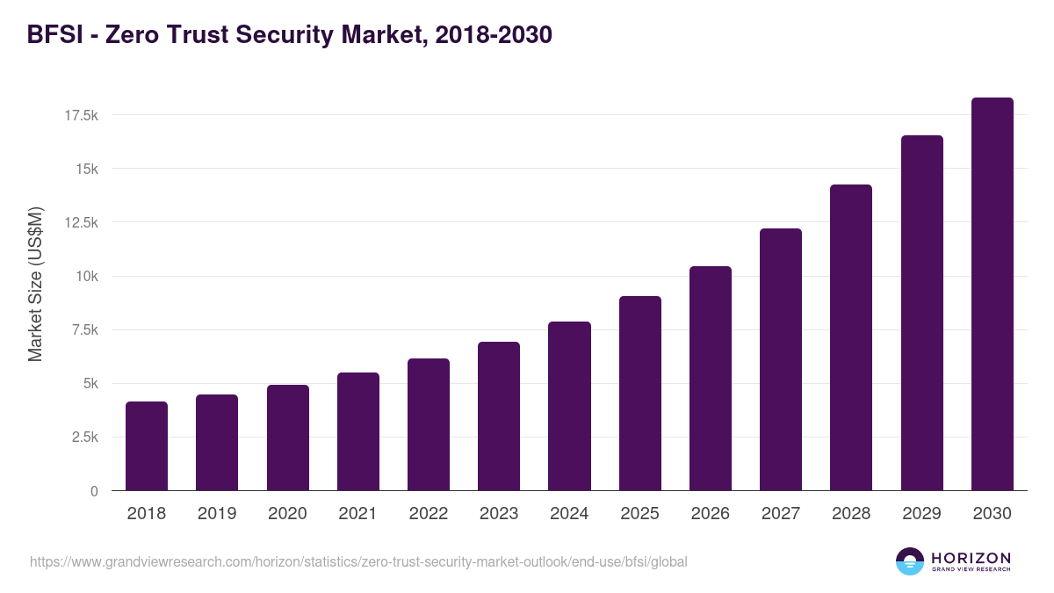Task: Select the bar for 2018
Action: click(x=147, y=446)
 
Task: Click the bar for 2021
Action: click(x=358, y=431)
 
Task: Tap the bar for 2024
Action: click(x=569, y=406)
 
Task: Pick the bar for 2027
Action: click(x=781, y=359)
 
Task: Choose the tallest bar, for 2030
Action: click(x=992, y=294)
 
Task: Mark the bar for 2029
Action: click(x=921, y=313)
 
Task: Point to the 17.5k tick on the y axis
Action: click(x=79, y=115)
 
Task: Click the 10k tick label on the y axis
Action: click(x=86, y=276)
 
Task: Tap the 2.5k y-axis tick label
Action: click(x=83, y=437)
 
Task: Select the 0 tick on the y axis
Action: click(x=93, y=491)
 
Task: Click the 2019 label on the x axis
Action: click(x=217, y=514)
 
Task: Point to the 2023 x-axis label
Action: click(x=499, y=514)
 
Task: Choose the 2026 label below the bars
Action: click(x=710, y=514)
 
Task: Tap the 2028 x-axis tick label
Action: click(x=851, y=514)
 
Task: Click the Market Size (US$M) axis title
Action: click(x=35, y=284)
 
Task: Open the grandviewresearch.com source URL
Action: click(x=358, y=561)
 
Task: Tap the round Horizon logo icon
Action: click(x=910, y=561)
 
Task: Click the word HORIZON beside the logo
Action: click(x=971, y=557)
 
